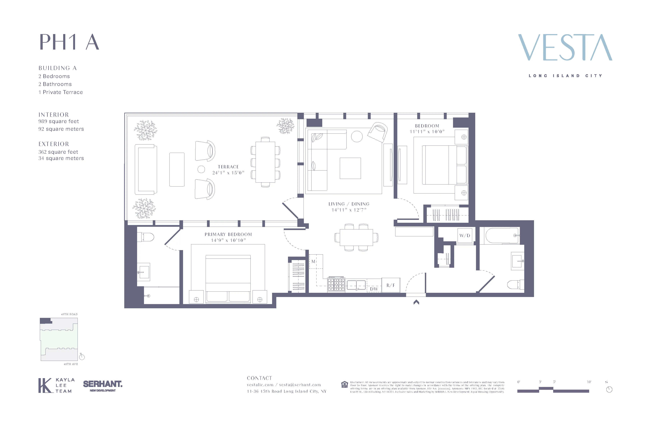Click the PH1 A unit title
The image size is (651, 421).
69,42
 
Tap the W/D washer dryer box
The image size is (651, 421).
465,235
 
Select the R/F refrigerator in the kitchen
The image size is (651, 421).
391,285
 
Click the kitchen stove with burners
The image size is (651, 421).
336,284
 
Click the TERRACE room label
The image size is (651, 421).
228,167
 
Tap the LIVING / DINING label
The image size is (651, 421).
349,204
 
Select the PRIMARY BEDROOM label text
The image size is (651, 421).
228,234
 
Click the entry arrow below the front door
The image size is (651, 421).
416,302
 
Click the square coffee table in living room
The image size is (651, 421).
350,168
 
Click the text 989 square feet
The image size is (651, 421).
59,121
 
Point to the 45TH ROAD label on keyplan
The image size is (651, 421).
69,314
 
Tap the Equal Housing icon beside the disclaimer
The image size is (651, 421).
345,385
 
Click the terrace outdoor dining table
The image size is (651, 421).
265,162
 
